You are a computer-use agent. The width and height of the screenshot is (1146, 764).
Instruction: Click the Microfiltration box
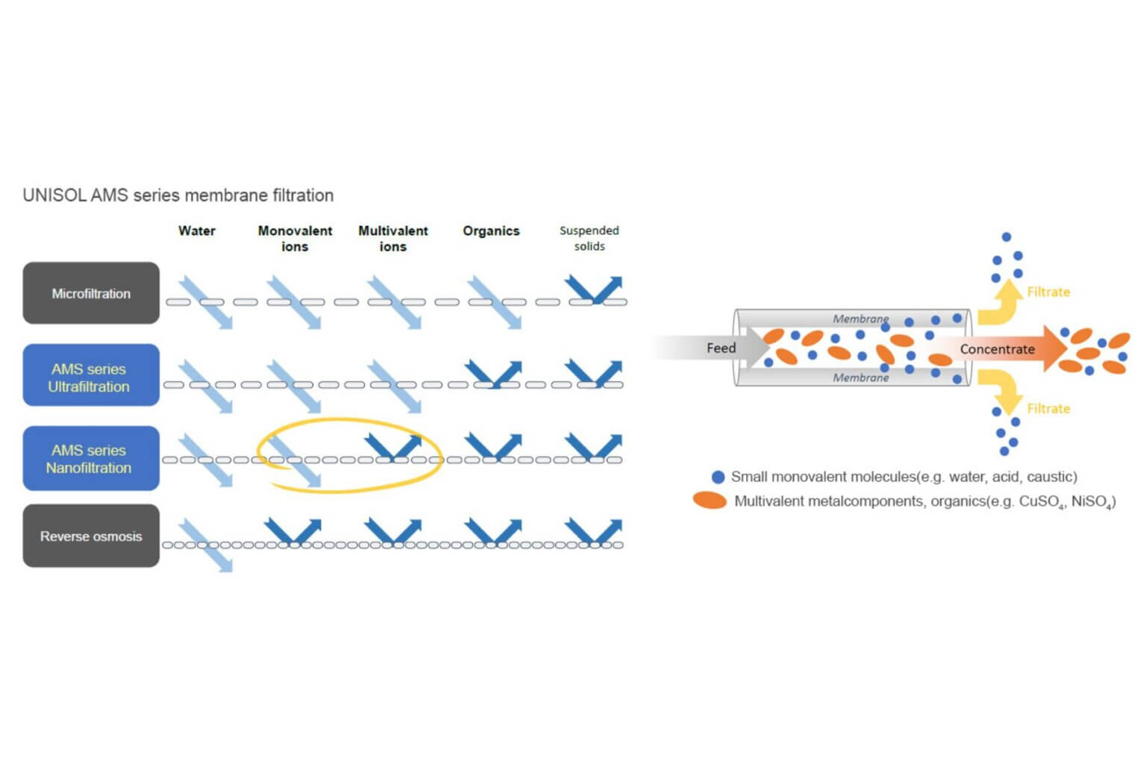tap(91, 293)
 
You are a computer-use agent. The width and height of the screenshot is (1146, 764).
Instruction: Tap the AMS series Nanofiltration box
tap(91, 458)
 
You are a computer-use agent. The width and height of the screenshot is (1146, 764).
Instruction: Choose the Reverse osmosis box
tap(91, 536)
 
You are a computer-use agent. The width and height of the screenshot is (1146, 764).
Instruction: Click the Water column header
tap(197, 231)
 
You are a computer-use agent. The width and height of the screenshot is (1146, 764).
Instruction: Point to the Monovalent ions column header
tap(295, 238)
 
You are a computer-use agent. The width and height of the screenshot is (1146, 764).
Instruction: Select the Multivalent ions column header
tap(393, 238)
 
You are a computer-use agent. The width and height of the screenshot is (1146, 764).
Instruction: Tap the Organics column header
tap(491, 231)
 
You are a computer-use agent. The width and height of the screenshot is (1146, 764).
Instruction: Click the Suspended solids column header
tap(589, 238)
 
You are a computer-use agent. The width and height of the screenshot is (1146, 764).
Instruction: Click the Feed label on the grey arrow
tap(721, 348)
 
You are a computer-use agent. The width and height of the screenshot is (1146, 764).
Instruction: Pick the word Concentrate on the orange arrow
tap(997, 349)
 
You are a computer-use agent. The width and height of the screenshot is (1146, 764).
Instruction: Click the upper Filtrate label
tap(1048, 292)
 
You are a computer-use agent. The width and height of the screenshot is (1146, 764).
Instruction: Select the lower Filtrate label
tap(1048, 408)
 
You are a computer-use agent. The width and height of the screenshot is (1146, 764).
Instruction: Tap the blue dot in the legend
tap(718, 477)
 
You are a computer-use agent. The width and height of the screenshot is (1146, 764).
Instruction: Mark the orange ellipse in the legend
tap(710, 501)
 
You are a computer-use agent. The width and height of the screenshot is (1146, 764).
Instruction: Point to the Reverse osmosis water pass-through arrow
tap(206, 545)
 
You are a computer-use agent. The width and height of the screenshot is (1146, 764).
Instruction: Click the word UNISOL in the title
tap(54, 195)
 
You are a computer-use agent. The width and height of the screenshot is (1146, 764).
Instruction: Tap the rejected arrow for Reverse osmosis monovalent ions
tap(293, 530)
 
